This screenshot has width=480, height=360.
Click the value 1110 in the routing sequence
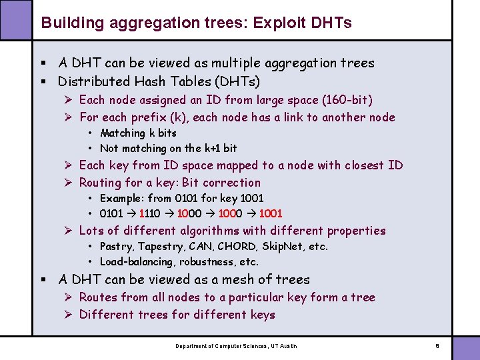(x=150, y=213)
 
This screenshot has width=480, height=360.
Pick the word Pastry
(x=117, y=247)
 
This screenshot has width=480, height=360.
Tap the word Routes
(x=98, y=297)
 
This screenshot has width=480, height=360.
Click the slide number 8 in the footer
(x=437, y=346)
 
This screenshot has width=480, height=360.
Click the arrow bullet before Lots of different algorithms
(x=69, y=231)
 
